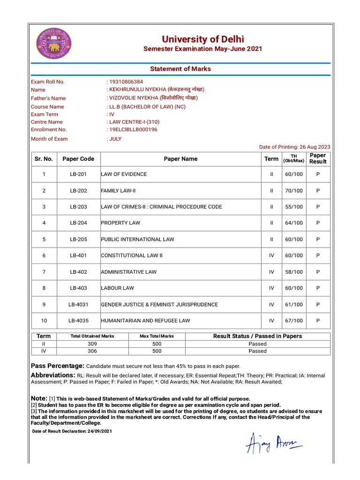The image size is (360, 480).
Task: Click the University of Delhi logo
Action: pos(54,43)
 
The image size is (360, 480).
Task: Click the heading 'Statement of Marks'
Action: pos(180,69)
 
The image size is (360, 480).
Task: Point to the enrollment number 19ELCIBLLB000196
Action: pos(133,129)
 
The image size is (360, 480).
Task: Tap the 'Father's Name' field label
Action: pos(48,98)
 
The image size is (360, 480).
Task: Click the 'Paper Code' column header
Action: pos(78,159)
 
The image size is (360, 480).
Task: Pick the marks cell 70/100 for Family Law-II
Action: pos(294,191)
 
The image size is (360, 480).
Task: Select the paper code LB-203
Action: pos(78,207)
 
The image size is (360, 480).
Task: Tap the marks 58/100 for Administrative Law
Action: pos(294,272)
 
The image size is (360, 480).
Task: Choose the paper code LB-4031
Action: pos(78,305)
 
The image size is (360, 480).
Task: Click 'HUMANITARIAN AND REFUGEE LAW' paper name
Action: pos(145,321)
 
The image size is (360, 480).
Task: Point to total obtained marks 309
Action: pos(92,343)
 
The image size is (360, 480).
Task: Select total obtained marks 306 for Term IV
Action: pos(92,351)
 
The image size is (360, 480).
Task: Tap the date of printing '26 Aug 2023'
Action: pos(315,147)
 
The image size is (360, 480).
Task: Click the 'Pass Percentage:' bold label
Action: pos(58,366)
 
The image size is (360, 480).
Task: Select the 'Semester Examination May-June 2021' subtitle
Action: pos(202,49)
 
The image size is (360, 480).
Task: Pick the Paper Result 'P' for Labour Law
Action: pos(318,288)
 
